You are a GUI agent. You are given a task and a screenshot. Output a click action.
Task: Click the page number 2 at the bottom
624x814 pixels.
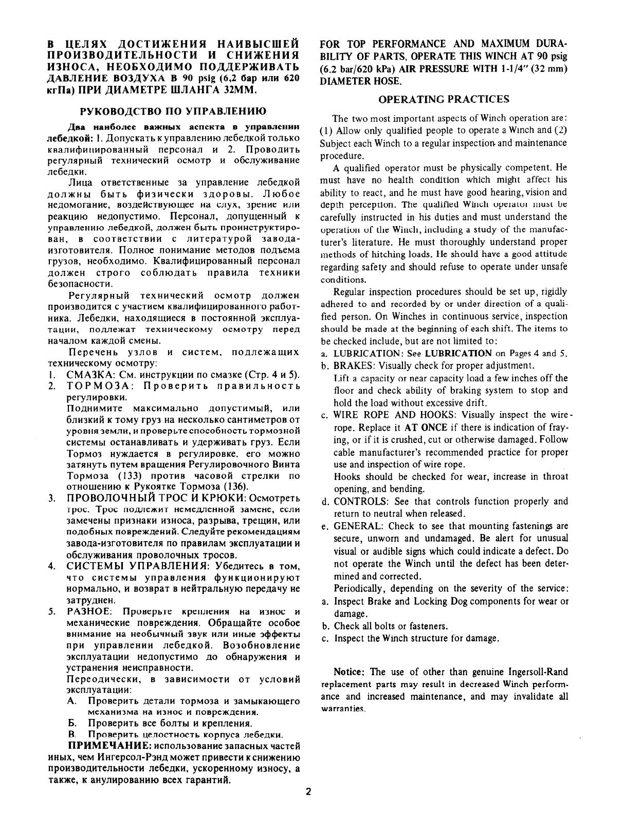(308, 792)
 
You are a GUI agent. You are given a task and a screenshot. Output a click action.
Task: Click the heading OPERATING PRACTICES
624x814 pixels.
(444, 99)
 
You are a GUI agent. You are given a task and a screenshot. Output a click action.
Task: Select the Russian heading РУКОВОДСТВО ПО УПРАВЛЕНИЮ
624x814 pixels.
(174, 111)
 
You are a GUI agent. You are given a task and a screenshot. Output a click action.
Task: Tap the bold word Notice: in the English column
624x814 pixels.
(350, 672)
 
